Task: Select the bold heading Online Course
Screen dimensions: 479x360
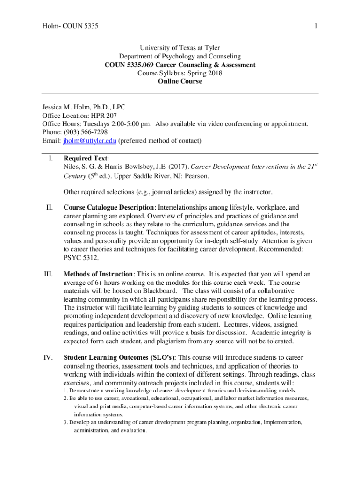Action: point(180,81)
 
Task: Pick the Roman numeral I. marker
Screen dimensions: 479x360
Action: point(50,159)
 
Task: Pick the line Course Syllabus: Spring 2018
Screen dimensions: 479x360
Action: point(180,73)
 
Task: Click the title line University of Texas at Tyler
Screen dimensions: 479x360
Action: point(180,48)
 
